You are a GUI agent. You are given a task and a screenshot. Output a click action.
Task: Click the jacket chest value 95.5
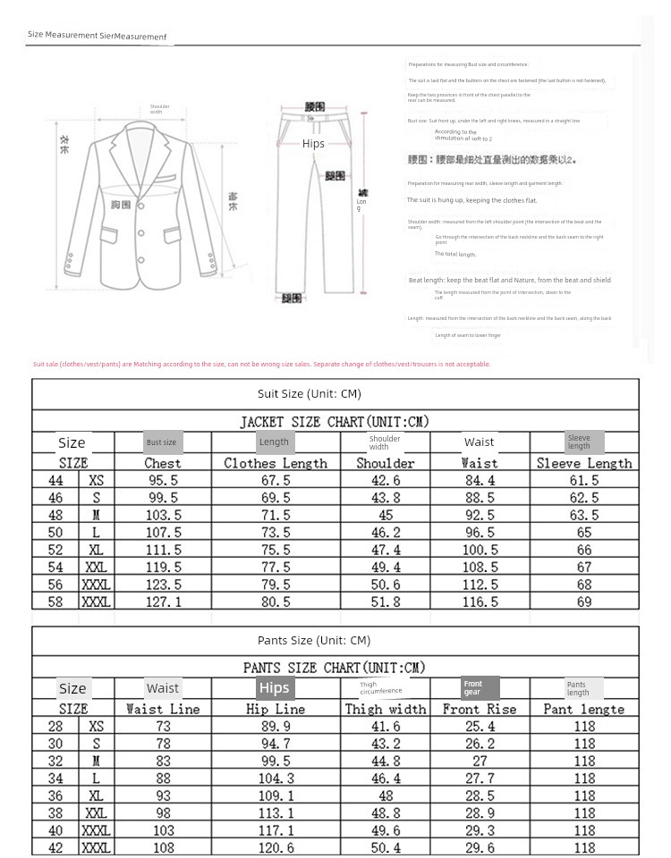pyautogui.click(x=163, y=480)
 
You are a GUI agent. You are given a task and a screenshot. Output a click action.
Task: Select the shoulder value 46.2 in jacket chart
pyautogui.click(x=385, y=532)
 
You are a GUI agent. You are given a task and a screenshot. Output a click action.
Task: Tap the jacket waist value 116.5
pyautogui.click(x=480, y=601)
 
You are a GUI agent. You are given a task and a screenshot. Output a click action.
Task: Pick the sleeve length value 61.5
pyautogui.click(x=584, y=480)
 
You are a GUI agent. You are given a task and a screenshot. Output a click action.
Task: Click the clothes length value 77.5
pyautogui.click(x=275, y=567)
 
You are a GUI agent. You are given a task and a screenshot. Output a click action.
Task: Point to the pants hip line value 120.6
pyautogui.click(x=276, y=847)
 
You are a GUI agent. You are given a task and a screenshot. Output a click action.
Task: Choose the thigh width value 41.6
pyautogui.click(x=385, y=727)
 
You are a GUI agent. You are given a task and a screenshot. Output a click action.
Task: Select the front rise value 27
pyautogui.click(x=480, y=761)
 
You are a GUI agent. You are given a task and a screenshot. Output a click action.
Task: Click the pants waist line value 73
pyautogui.click(x=163, y=727)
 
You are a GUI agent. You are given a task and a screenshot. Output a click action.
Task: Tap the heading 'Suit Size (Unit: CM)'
pyautogui.click(x=309, y=393)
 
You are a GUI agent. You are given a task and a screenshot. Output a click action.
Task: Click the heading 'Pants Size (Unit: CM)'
pyautogui.click(x=313, y=640)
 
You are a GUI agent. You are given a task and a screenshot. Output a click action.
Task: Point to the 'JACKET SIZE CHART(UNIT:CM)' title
pyautogui.click(x=334, y=421)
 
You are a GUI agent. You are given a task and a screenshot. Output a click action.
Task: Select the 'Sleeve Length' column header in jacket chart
pyautogui.click(x=584, y=463)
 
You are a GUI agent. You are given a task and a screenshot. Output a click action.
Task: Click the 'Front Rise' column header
pyautogui.click(x=480, y=709)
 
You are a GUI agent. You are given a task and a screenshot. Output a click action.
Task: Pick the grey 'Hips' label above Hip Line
pyautogui.click(x=275, y=687)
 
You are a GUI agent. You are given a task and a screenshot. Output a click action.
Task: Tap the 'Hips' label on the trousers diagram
pyautogui.click(x=313, y=143)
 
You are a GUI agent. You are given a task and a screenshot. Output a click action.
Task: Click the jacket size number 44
pyautogui.click(x=55, y=480)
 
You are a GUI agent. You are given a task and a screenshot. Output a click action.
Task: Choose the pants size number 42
pyautogui.click(x=55, y=847)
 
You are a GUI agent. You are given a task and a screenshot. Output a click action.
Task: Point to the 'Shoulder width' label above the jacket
pyautogui.click(x=159, y=109)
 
